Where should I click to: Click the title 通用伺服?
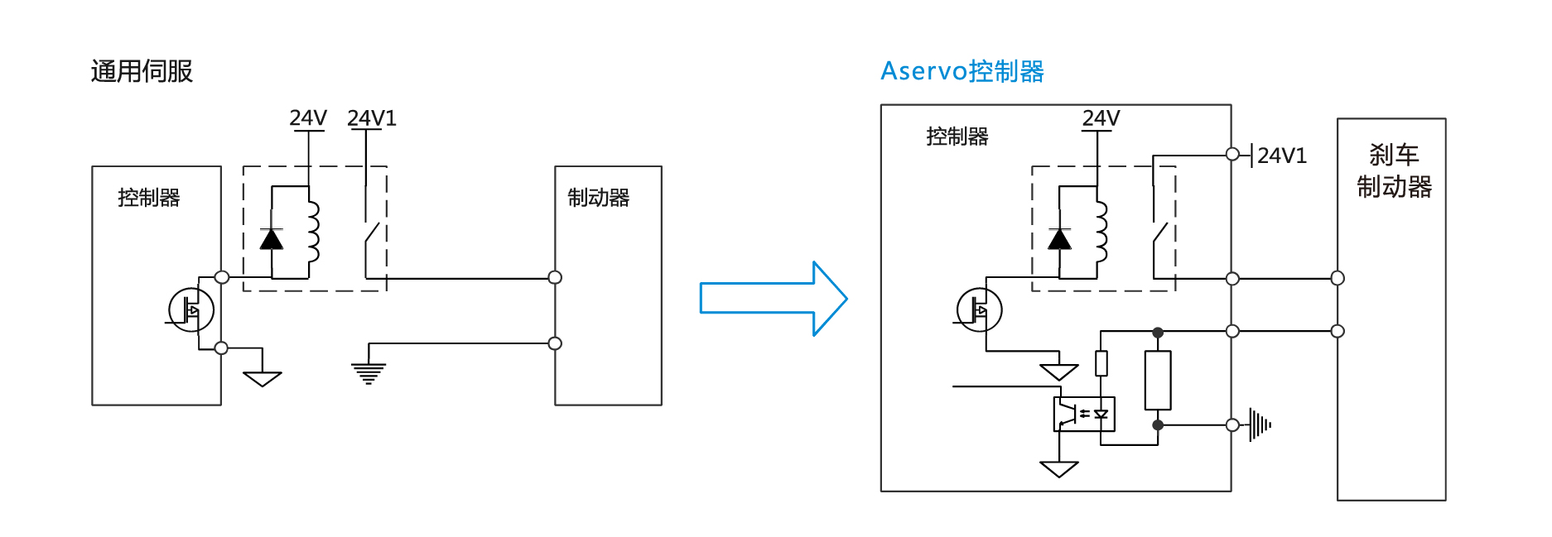pyautogui.click(x=142, y=72)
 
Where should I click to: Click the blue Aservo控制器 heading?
pyautogui.click(x=962, y=72)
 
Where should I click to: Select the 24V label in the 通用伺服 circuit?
pyautogui.click(x=308, y=118)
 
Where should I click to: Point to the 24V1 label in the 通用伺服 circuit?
pyautogui.click(x=372, y=118)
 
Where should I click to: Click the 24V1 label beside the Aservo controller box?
pyautogui.click(x=1281, y=156)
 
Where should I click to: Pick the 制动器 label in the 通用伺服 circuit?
pyautogui.click(x=598, y=198)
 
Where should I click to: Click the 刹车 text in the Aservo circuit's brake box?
pyautogui.click(x=1394, y=155)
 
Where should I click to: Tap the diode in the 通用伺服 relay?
pyautogui.click(x=272, y=239)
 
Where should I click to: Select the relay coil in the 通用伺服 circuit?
pyautogui.click(x=312, y=231)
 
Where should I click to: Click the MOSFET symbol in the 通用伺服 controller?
pyautogui.click(x=191, y=310)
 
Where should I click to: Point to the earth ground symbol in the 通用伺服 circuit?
pyautogui.click(x=369, y=373)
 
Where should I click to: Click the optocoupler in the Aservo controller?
pyautogui.click(x=1084, y=415)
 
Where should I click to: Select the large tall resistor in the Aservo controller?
pyautogui.click(x=1158, y=380)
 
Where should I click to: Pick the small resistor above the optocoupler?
pyautogui.click(x=1101, y=363)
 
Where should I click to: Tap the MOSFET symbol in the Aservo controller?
pyautogui.click(x=980, y=310)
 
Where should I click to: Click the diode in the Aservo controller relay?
pyautogui.click(x=1060, y=239)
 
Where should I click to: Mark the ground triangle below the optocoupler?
pyautogui.click(x=1058, y=469)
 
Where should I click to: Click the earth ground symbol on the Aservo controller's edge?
pyautogui.click(x=1260, y=425)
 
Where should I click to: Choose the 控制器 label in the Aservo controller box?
pyautogui.click(x=957, y=137)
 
